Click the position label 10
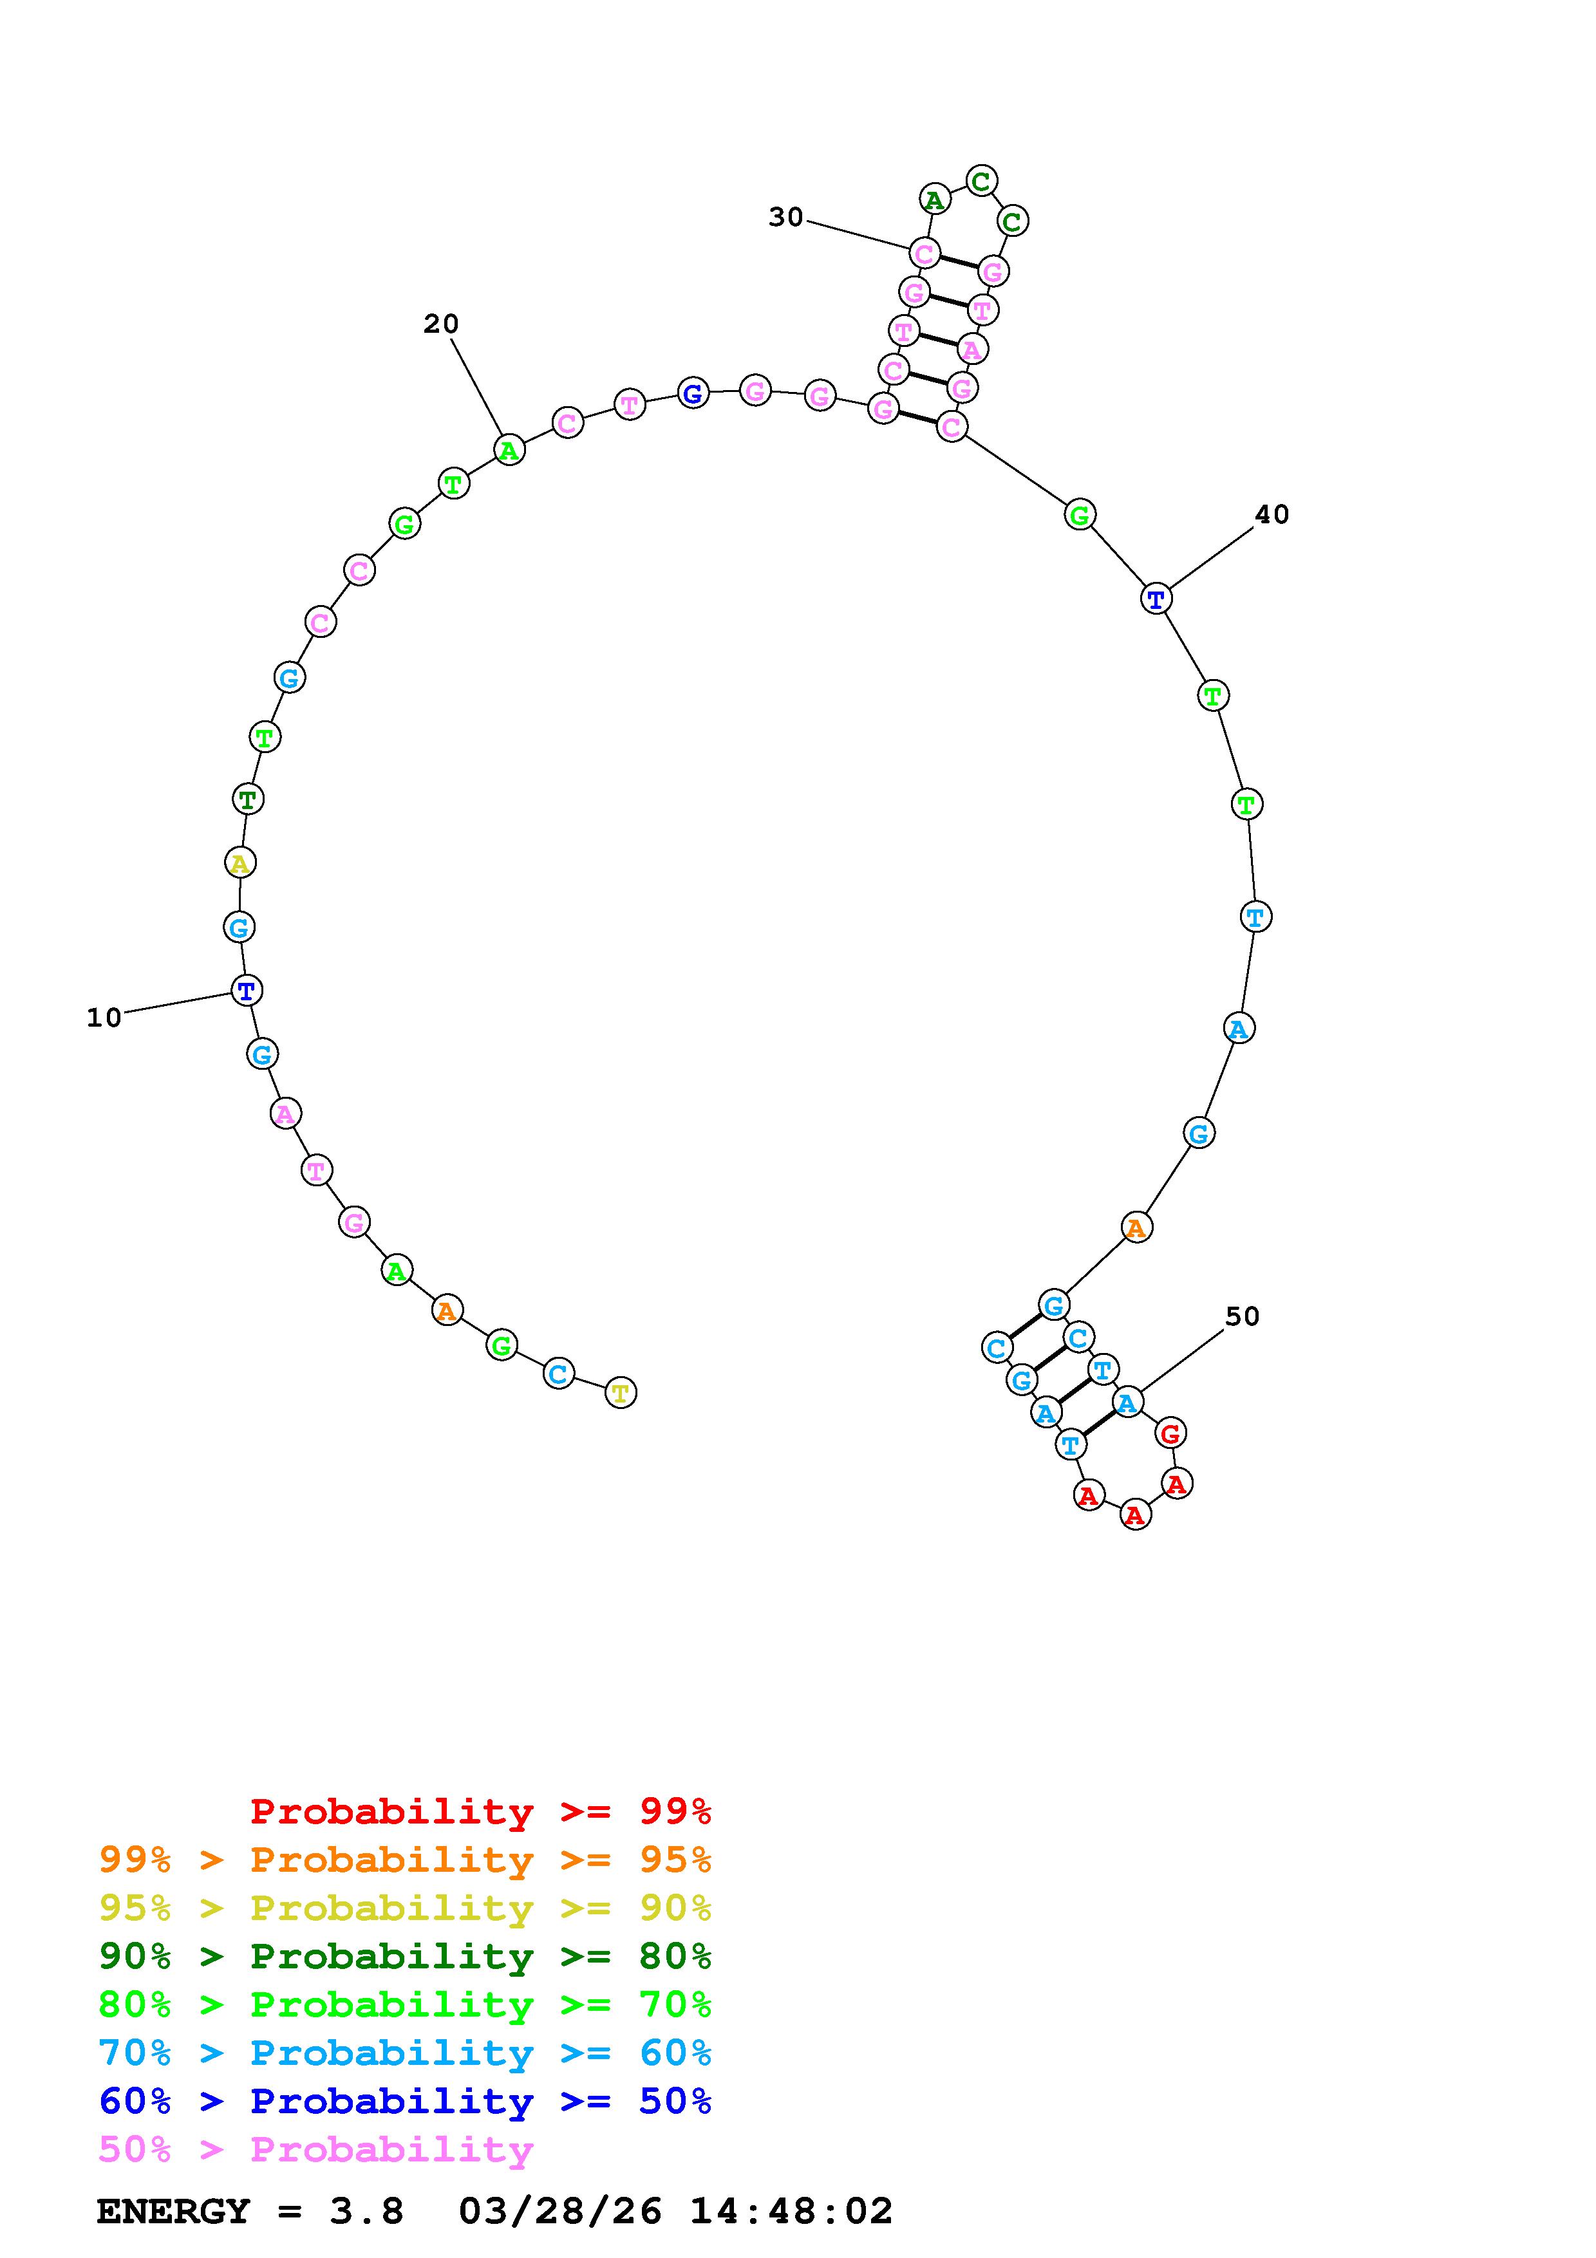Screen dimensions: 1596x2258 point(104,1018)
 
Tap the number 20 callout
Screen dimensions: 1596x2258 point(442,324)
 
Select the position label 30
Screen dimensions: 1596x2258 point(785,218)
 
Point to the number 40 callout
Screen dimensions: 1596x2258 point(1272,514)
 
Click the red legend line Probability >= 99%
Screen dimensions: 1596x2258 point(481,1811)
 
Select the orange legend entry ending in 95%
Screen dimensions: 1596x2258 point(405,1860)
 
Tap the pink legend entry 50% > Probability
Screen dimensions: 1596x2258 point(315,2149)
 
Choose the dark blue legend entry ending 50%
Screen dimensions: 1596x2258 point(405,2101)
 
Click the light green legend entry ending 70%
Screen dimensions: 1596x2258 point(405,2004)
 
